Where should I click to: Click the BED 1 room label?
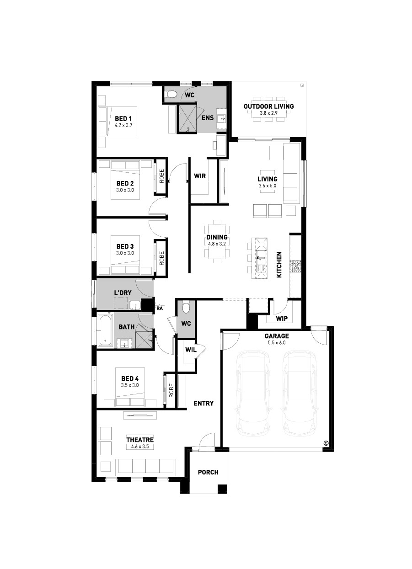[123, 119]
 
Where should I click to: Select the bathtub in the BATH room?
[106, 330]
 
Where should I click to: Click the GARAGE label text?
[277, 336]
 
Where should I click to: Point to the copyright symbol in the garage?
[326, 443]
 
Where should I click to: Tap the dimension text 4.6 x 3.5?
[140, 447]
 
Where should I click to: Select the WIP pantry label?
[282, 319]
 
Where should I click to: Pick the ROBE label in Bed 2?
[162, 176]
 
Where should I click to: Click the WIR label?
[200, 176]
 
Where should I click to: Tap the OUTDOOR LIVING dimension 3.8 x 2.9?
[269, 113]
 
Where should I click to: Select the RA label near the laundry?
[160, 308]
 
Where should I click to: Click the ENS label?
[208, 118]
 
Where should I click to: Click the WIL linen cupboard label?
[191, 350]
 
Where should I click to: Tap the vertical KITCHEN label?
[279, 265]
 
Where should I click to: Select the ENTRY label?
[203, 403]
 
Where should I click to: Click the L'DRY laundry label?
[123, 292]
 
